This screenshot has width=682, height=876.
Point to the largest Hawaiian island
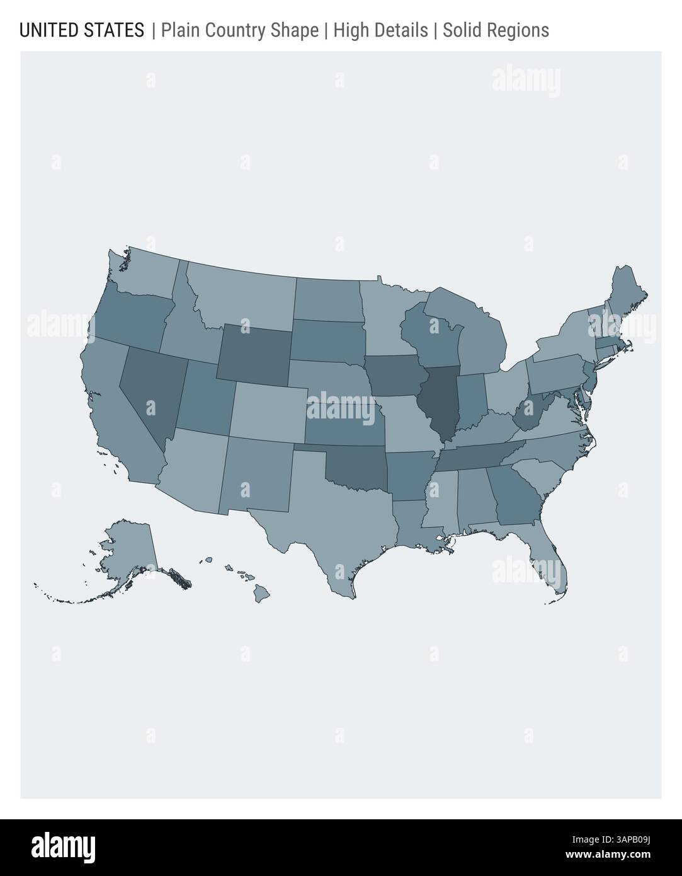click(262, 593)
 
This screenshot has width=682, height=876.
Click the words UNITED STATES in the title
click(82, 30)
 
